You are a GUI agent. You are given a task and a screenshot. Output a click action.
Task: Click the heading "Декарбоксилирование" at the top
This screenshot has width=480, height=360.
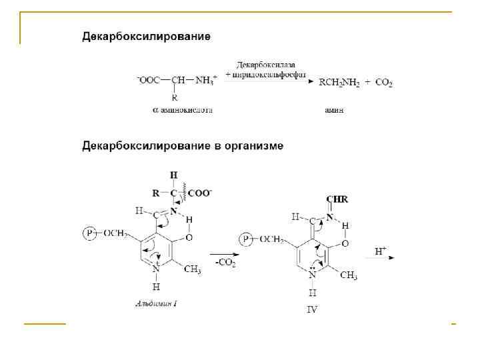(x=146, y=36)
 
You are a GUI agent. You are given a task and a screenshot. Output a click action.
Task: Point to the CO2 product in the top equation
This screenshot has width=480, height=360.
(x=383, y=83)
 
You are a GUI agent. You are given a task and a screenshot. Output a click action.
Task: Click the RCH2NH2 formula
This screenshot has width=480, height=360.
(x=339, y=83)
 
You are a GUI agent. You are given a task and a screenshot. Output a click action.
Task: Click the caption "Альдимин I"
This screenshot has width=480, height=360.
(x=156, y=303)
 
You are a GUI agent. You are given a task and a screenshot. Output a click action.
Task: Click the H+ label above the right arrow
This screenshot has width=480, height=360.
(x=381, y=251)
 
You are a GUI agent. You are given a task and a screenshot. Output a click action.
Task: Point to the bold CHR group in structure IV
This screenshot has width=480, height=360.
(x=337, y=199)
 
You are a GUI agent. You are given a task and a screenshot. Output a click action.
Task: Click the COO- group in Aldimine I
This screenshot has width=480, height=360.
(x=200, y=193)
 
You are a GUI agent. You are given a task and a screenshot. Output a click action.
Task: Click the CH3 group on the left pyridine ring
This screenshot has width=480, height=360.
(x=192, y=269)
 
